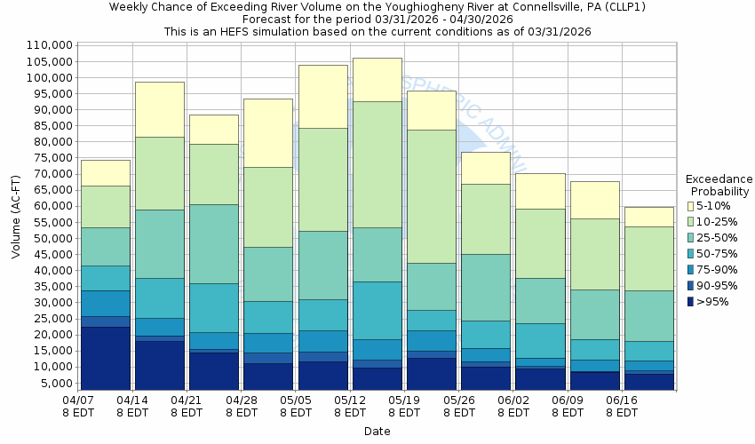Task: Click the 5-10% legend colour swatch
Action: (690, 206)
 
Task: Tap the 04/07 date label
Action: (77, 408)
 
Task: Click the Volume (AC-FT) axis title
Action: (16, 218)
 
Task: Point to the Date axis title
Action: (377, 432)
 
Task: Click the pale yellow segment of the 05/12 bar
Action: (377, 79)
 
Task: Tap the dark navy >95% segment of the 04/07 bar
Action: (105, 358)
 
